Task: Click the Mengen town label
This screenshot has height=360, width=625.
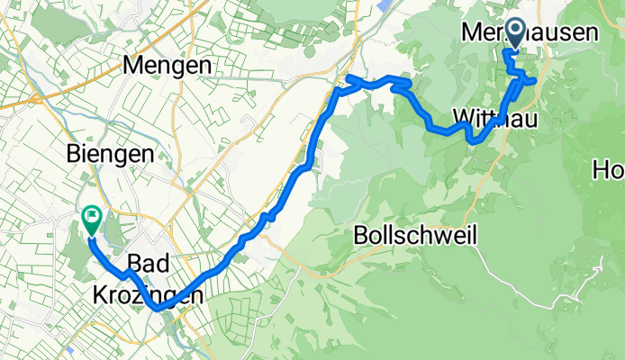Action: pos(168,66)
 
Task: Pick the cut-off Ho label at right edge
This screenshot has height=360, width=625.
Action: pos(608,168)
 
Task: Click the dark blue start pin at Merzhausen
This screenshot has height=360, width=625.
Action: pos(516,33)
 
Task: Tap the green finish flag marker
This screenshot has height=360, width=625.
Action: pos(92,217)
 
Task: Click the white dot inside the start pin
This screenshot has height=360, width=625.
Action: pos(516,30)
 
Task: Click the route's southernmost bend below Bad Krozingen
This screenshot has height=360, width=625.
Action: pos(159,308)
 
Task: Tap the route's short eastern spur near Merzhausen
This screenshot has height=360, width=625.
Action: pos(531,81)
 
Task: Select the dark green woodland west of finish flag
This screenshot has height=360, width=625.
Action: pos(68,225)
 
